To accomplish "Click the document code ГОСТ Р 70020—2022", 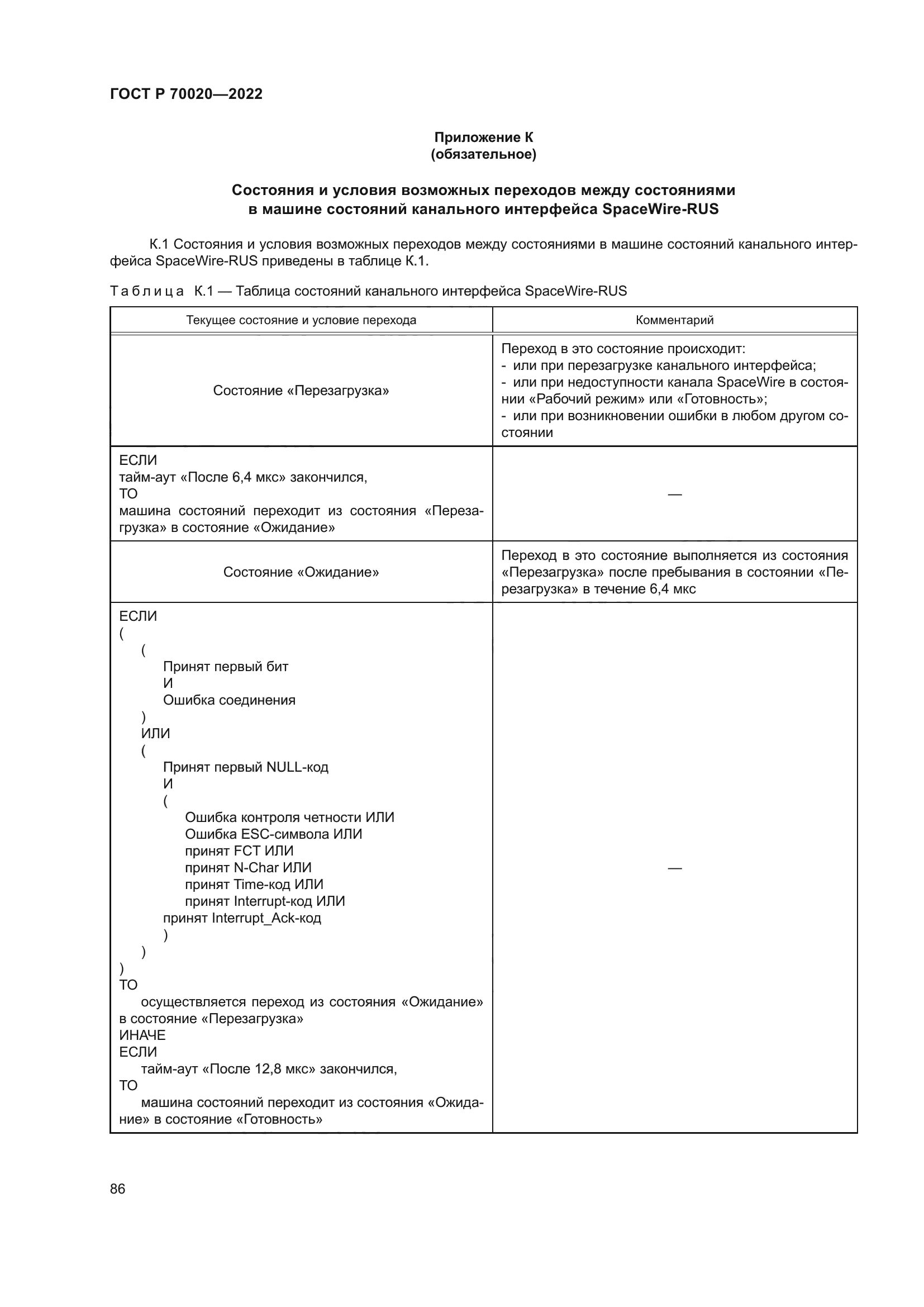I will coord(186,94).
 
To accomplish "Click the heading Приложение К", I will coord(484,137).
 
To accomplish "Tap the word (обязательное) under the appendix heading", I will coord(484,154).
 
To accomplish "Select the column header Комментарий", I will coord(674,320).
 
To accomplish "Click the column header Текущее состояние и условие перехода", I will coord(301,320).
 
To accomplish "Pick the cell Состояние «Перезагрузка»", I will coord(301,391).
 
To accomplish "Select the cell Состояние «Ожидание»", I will coord(301,572).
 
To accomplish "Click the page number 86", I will coord(118,1189).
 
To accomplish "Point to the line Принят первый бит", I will coord(225,667).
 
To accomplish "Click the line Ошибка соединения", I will coord(229,700).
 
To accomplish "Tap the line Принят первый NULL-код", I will coord(246,767).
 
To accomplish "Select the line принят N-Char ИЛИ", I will coord(248,868).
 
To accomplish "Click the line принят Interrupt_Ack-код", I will coord(242,918).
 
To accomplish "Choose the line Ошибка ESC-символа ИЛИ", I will coord(273,834).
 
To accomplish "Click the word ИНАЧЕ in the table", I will coord(142,1035).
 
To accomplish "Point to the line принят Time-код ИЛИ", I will coord(254,884).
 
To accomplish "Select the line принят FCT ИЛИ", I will coord(239,851).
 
